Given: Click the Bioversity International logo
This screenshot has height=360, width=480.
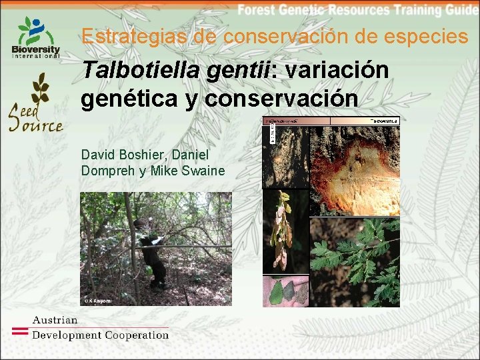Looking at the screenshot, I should click(36, 37).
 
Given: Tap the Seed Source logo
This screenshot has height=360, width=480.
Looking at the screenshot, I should click(36, 103).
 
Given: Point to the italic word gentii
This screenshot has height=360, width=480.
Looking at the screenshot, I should click(230, 70).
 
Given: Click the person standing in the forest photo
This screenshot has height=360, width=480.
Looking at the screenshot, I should click(150, 250).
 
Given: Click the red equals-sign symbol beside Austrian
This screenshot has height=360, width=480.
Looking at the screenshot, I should click(21, 329).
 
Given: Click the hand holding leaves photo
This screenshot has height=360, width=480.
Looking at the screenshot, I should click(285, 291).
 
